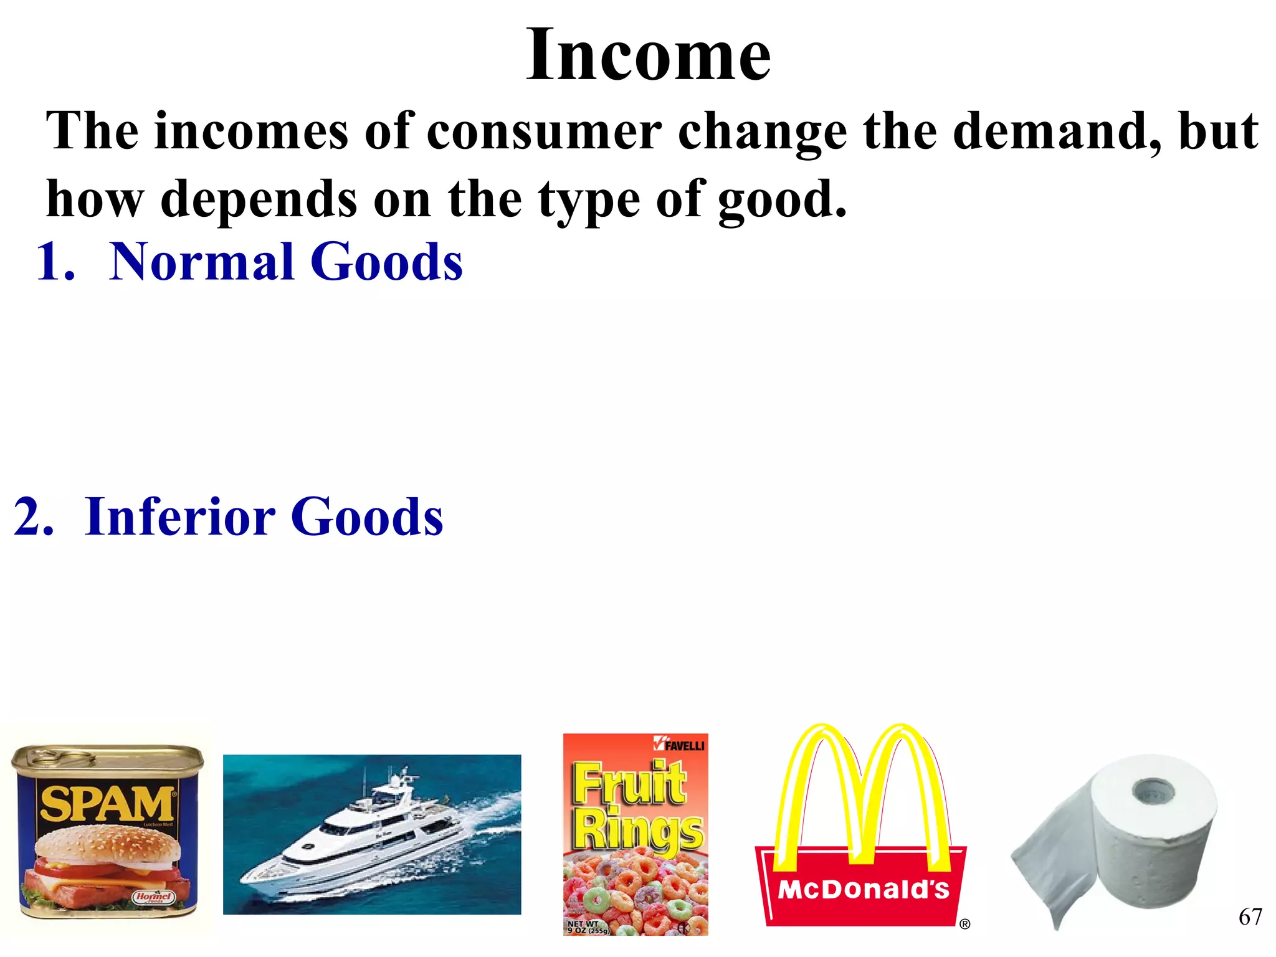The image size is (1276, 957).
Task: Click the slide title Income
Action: tap(648, 56)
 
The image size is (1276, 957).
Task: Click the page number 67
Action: tap(1250, 917)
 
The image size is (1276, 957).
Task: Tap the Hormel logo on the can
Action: tap(153, 897)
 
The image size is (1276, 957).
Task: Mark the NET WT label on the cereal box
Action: tap(583, 924)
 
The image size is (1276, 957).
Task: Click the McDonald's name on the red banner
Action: tap(863, 890)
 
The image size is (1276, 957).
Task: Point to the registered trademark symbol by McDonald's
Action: tap(964, 925)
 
